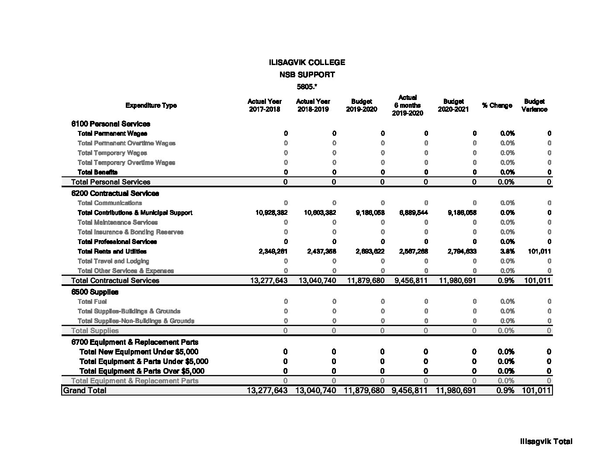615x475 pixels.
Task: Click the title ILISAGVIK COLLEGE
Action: coord(307,62)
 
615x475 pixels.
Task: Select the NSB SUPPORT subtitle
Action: coord(307,75)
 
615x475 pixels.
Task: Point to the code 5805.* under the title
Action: coord(307,87)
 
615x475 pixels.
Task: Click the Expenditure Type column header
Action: coord(151,105)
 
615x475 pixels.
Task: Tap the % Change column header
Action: coord(497,105)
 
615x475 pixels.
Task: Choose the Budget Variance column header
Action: coord(534,105)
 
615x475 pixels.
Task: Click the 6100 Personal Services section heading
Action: coord(111,124)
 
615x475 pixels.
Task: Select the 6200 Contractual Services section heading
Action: coord(115,193)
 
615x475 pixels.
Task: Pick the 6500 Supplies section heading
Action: coord(95,292)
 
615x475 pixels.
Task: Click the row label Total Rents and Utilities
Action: coord(112,251)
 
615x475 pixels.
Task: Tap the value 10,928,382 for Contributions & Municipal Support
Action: coord(271,213)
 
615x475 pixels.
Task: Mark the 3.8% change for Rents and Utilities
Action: coord(507,251)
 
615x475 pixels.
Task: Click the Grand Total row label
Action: coord(84,390)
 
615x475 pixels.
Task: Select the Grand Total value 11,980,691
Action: coord(456,390)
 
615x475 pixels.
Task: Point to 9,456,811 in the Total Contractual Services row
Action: coord(411,281)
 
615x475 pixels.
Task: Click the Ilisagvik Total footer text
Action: coord(546,441)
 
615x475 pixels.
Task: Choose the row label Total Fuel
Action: coord(92,302)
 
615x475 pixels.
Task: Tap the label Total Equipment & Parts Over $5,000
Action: coord(142,371)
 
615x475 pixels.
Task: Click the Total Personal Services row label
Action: coord(111,182)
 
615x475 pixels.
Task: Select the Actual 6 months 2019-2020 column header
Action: coord(407,105)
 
